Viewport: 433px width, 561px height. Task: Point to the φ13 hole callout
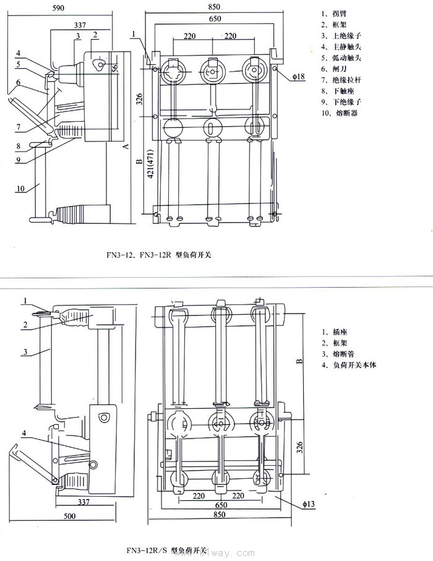pyautogui.click(x=307, y=504)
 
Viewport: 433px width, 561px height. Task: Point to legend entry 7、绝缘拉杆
pyautogui.click(x=344, y=80)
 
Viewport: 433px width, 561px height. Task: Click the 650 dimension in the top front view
pyautogui.click(x=214, y=20)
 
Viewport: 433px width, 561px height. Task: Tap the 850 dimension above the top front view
pyautogui.click(x=214, y=7)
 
